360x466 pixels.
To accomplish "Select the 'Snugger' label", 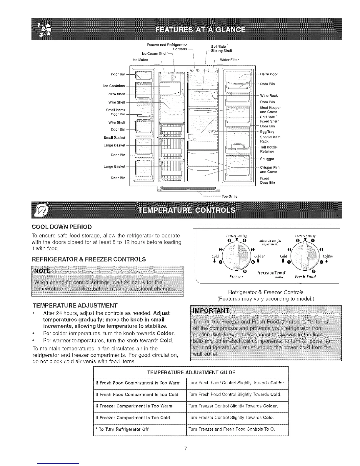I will pos(267,159).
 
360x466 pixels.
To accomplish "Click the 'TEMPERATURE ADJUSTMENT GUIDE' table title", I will pos(191,372).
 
